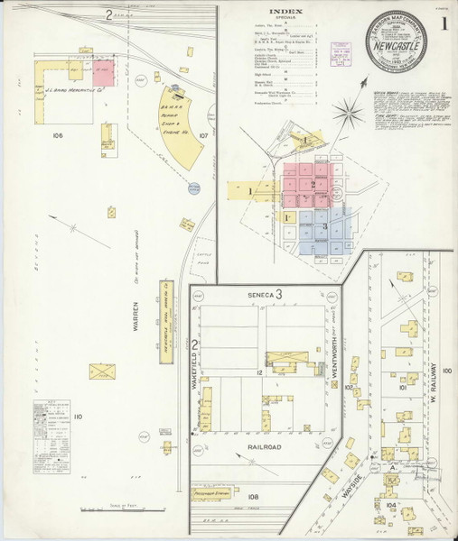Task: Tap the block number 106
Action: (x=59, y=137)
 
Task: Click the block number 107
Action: (x=204, y=137)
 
